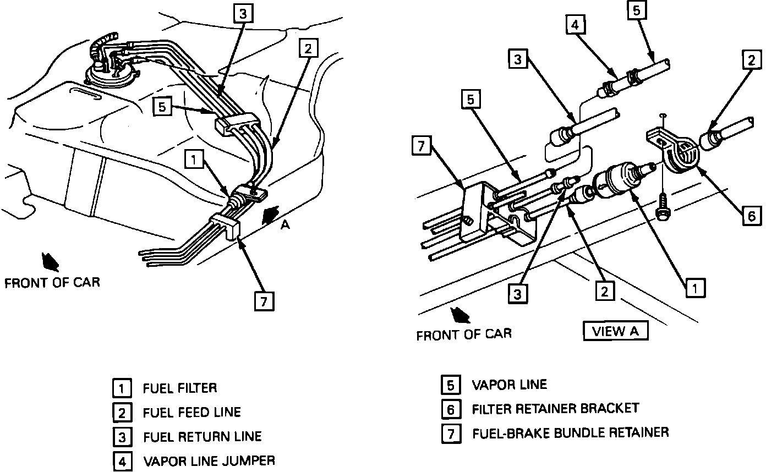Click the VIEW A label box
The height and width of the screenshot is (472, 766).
pos(615,331)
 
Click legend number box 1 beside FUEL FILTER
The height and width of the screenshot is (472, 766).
pos(122,388)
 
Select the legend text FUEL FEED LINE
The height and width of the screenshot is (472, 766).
pos(191,412)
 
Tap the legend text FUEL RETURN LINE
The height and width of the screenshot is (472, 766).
pos(202,437)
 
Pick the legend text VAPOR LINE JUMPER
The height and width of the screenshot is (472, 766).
pos(209,460)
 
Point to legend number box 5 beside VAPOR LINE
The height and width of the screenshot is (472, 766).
pos(450,385)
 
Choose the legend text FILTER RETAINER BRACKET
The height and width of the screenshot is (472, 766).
pos(555,409)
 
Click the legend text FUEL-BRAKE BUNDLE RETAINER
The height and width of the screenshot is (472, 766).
pos(570,432)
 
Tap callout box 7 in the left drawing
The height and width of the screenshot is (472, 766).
pos(264,301)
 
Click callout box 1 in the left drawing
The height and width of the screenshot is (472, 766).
pos(194,160)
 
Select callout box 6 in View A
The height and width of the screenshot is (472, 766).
pos(751,216)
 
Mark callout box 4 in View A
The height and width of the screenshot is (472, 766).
pos(574,25)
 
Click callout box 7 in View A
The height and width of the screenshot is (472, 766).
pos(421,146)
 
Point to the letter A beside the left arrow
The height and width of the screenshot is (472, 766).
pos(285,226)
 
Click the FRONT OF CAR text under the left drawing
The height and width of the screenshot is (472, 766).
pos(52,283)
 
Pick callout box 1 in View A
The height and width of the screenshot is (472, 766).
pos(696,287)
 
